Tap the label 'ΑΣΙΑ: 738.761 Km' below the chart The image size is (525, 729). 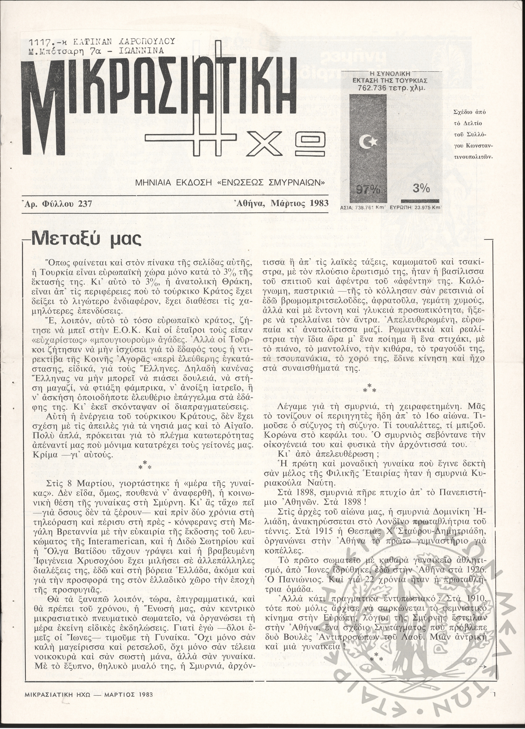pyautogui.click(x=362, y=207)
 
